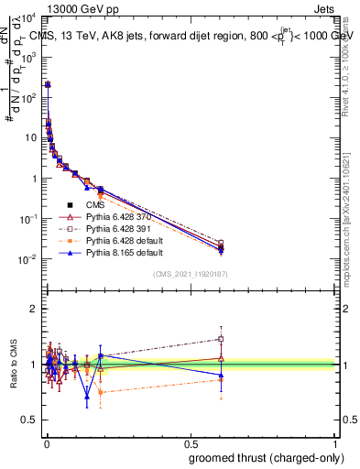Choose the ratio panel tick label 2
pyautogui.click(x=33, y=309)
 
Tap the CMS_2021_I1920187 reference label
pyautogui.click(x=191, y=274)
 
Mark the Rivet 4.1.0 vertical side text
pyautogui.click(x=351, y=64)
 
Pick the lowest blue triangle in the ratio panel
pyautogui.click(x=87, y=396)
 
